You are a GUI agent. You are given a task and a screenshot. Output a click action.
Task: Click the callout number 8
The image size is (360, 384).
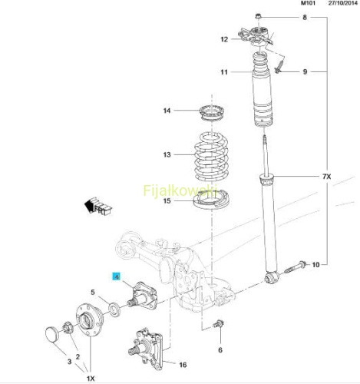tap(305, 18)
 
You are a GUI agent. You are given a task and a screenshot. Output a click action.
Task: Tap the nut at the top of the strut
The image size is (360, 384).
tap(258, 17)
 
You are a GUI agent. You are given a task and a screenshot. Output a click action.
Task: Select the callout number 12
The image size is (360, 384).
tap(224, 39)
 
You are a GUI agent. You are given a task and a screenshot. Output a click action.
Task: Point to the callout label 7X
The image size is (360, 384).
tap(326, 177)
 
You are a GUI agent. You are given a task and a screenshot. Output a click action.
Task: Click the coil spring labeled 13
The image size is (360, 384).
tap(211, 157)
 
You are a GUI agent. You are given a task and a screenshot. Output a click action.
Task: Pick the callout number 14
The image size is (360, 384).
tap(167, 111)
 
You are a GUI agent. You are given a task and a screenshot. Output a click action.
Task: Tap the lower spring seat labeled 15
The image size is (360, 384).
tap(211, 200)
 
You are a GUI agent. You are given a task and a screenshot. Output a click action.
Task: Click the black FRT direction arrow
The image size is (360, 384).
tap(98, 206)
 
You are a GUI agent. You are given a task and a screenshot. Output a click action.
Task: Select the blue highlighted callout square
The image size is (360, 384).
tap(117, 276)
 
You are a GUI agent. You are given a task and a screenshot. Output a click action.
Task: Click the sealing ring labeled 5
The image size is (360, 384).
tap(114, 310)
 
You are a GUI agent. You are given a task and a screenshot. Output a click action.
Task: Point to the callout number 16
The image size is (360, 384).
tap(183, 365)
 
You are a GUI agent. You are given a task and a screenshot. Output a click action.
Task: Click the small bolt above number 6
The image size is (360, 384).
tap(218, 324)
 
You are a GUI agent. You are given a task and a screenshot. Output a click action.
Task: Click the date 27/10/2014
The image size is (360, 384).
tap(342, 3)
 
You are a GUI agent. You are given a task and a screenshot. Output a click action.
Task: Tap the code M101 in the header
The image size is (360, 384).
tap(308, 3)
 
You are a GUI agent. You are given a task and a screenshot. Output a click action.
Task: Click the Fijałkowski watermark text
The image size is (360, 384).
tap(180, 190)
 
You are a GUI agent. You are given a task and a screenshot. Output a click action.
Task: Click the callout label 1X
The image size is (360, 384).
tap(91, 378)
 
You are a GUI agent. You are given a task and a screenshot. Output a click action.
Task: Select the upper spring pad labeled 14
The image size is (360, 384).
tap(212, 113)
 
